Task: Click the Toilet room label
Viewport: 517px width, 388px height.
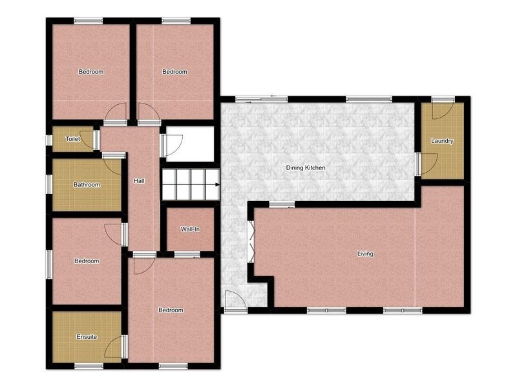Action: pyautogui.click(x=73, y=139)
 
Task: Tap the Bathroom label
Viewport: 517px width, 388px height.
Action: pyautogui.click(x=87, y=184)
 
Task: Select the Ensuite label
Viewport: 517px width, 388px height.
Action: pyautogui.click(x=87, y=337)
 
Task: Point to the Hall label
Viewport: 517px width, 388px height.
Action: pyautogui.click(x=139, y=181)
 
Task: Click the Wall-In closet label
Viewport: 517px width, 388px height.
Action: pyautogui.click(x=190, y=229)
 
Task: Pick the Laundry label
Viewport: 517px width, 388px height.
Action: pyautogui.click(x=442, y=140)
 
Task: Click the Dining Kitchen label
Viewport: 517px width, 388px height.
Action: pyautogui.click(x=305, y=167)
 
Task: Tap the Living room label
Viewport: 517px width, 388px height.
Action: pyautogui.click(x=365, y=253)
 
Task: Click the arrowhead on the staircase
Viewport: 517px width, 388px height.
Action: pyautogui.click(x=217, y=184)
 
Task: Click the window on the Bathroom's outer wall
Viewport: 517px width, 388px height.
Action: pyautogui.click(x=49, y=184)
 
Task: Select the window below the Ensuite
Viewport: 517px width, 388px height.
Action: pyautogui.click(x=89, y=366)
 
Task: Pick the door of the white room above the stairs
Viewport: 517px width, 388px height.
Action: pyautogui.click(x=171, y=145)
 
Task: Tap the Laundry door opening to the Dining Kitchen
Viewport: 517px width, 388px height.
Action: pyautogui.click(x=427, y=164)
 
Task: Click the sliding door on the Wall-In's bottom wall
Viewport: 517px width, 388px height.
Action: pyautogui.click(x=187, y=254)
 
